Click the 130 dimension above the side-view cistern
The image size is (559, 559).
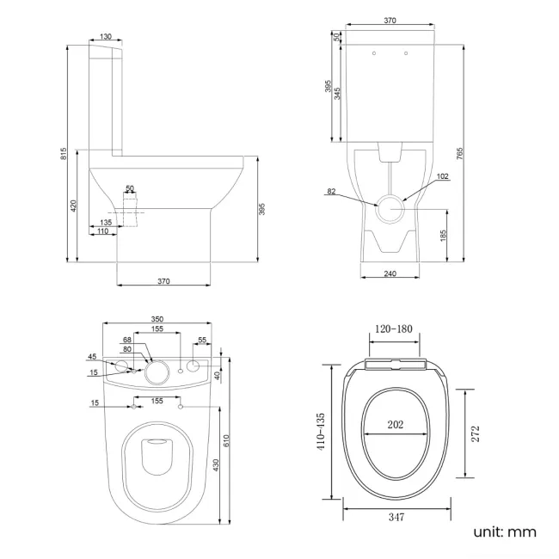pos(105,36)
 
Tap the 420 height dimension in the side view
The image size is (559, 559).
pos(75,206)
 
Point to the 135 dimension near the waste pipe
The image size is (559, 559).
pos(105,222)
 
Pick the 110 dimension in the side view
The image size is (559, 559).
pos(102,232)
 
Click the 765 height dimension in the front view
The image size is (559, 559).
pos(461,153)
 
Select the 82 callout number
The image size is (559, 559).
pos(331,192)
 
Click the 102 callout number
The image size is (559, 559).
pos(443,176)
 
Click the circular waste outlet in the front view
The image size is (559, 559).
pos(392,208)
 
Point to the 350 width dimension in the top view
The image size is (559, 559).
pos(157,319)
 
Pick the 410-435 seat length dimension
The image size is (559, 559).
pos(320,430)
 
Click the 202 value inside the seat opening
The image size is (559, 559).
pos(395,423)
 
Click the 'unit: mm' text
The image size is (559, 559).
pos(504,532)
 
